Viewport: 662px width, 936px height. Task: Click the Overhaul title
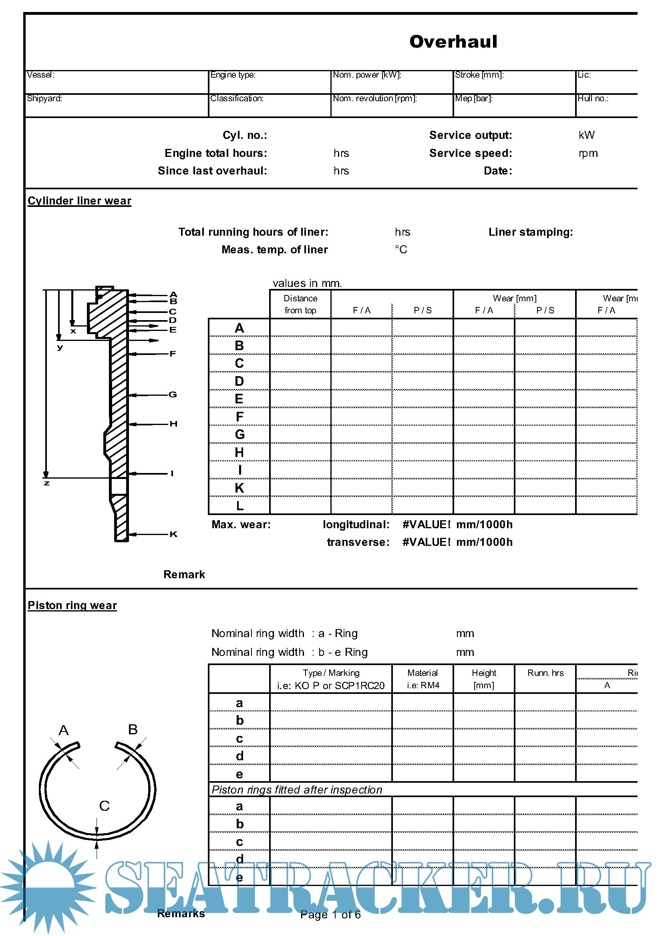[x=453, y=42]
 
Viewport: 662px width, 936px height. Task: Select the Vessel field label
[x=40, y=75]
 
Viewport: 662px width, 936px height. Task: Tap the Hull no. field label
[x=592, y=99]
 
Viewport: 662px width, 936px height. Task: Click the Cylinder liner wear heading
[x=80, y=201]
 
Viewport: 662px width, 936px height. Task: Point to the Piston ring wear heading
[x=72, y=605]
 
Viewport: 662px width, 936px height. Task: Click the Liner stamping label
[x=530, y=232]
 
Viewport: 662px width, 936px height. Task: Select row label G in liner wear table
[x=239, y=435]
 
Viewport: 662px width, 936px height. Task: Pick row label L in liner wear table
[x=239, y=506]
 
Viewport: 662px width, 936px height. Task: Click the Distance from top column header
[x=300, y=304]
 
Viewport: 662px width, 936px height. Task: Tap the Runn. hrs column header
[x=545, y=673]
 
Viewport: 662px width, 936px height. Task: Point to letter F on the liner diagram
[x=173, y=354]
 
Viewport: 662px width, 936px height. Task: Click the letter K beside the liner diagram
[x=173, y=534]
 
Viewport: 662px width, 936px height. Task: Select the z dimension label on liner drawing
[x=47, y=483]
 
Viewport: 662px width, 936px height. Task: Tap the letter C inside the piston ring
[x=105, y=806]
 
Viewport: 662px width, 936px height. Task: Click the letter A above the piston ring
[x=64, y=730]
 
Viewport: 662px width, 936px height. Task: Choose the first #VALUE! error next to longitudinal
[x=426, y=525]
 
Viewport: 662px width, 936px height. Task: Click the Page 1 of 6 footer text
[x=330, y=914]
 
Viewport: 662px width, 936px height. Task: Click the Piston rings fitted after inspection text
[x=296, y=790]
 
